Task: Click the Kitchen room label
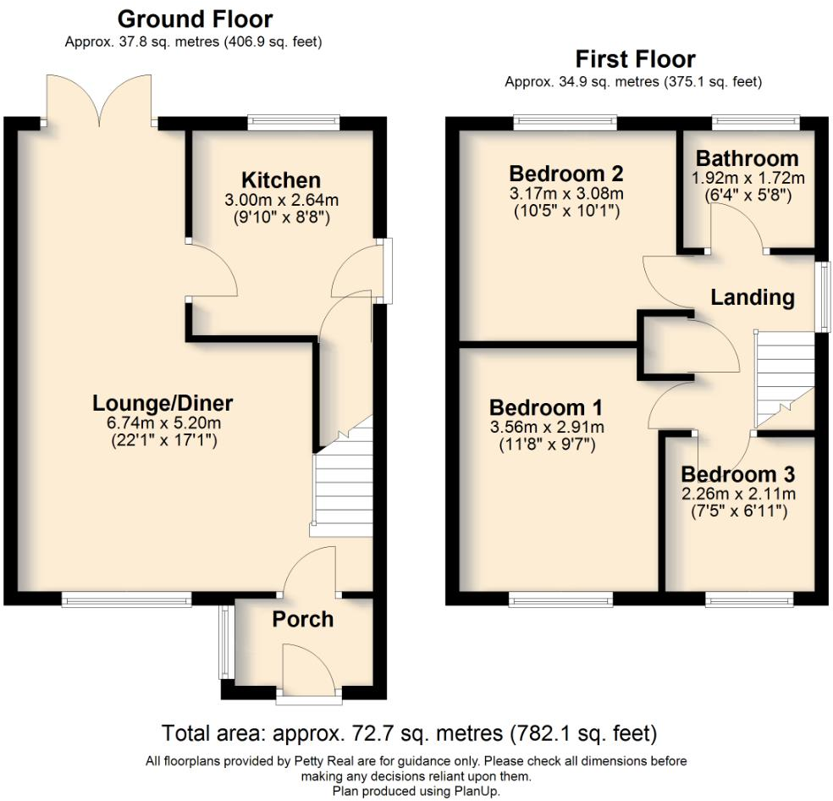[281, 180]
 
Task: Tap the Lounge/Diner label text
[163, 403]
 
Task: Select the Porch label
[302, 619]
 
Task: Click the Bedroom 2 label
[566, 174]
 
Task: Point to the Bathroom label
[747, 158]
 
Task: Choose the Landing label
[752, 297]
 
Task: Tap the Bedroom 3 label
[737, 473]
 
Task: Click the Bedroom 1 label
[546, 406]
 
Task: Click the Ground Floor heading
[195, 19]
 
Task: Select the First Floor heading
[635, 59]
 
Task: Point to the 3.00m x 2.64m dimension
[281, 201]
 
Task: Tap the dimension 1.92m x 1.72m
[747, 178]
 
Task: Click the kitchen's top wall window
[294, 123]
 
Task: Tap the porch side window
[225, 641]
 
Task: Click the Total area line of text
[409, 732]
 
